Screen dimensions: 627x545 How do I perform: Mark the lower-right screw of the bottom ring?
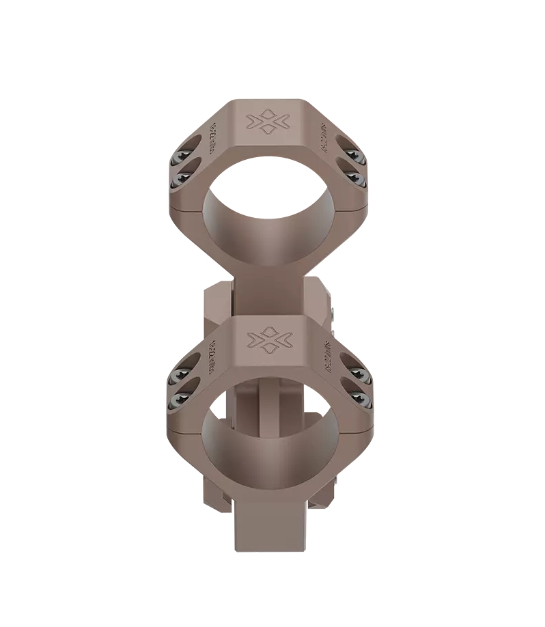coord(358,399)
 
